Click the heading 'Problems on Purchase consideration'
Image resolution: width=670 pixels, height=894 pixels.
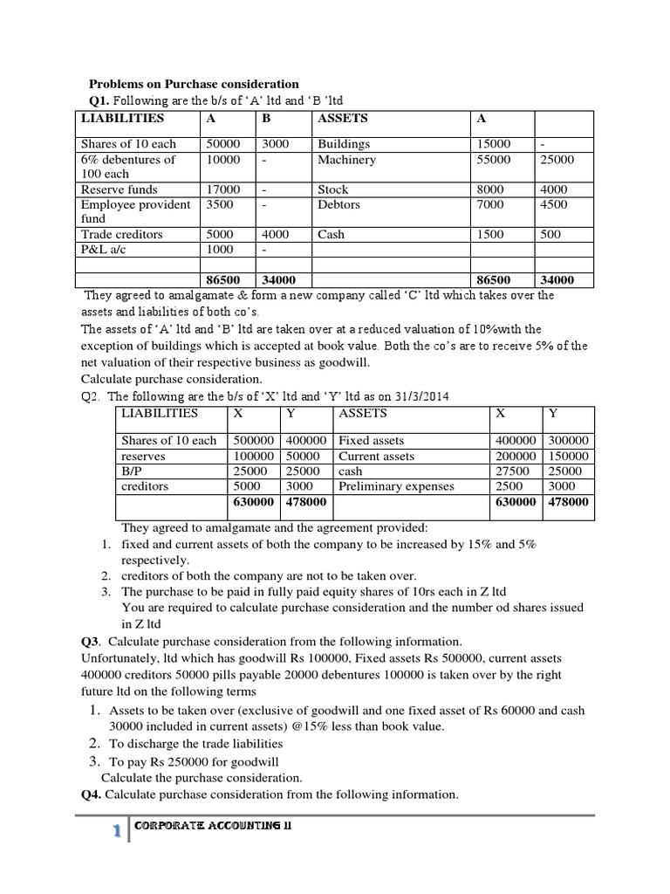click(194, 84)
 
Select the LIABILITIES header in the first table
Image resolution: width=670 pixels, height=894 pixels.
click(122, 118)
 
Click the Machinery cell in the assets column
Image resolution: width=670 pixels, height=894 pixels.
click(346, 160)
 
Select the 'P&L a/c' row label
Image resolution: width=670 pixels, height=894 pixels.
click(103, 249)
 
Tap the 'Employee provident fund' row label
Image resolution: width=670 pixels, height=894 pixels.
click(135, 211)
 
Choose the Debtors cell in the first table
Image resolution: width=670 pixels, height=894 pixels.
click(339, 204)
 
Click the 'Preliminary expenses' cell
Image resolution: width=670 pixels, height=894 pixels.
click(396, 486)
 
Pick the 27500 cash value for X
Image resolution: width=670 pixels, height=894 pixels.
click(513, 471)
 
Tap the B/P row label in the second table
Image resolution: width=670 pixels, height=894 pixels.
click(133, 471)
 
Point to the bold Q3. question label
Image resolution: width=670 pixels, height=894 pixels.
click(91, 641)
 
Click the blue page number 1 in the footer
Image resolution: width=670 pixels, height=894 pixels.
click(116, 832)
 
